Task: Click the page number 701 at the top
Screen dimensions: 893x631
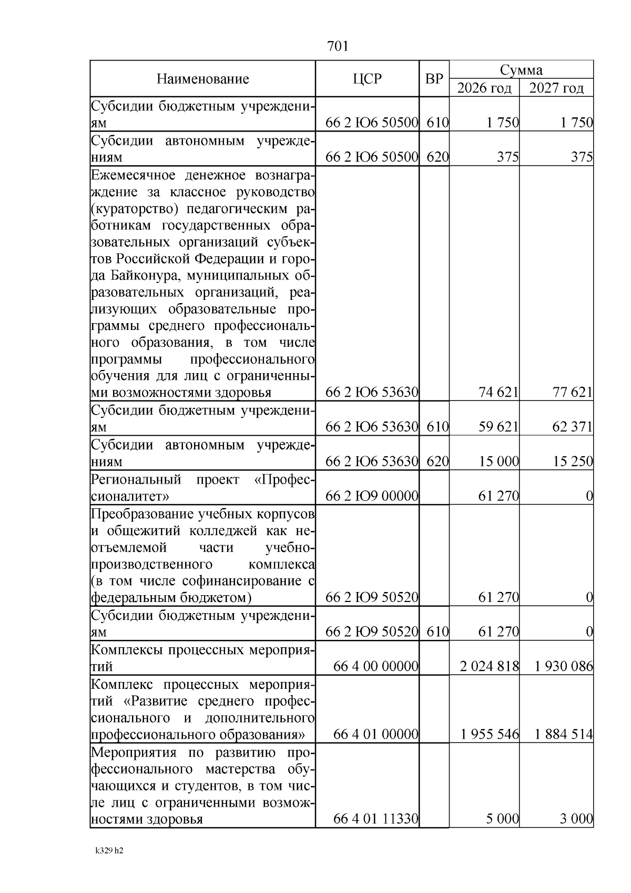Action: pyautogui.click(x=338, y=47)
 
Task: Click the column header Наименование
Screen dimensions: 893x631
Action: pyautogui.click(x=202, y=79)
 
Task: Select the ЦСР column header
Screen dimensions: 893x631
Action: pyautogui.click(x=367, y=79)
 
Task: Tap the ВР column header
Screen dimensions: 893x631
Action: pyautogui.click(x=434, y=79)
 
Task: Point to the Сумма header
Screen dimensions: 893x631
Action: pyautogui.click(x=521, y=70)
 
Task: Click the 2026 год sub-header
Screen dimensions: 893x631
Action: pyautogui.click(x=484, y=88)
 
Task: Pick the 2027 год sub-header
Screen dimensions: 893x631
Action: pyautogui.click(x=556, y=88)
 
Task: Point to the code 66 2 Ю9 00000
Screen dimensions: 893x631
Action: pyautogui.click(x=372, y=496)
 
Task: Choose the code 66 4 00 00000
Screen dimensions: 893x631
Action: pyautogui.click(x=375, y=667)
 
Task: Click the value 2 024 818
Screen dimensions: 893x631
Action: pyautogui.click(x=489, y=667)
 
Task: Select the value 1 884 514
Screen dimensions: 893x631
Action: pyautogui.click(x=564, y=734)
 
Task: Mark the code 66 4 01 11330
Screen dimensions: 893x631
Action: pyautogui.click(x=375, y=819)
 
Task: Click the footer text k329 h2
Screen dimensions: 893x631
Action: pyautogui.click(x=109, y=851)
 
